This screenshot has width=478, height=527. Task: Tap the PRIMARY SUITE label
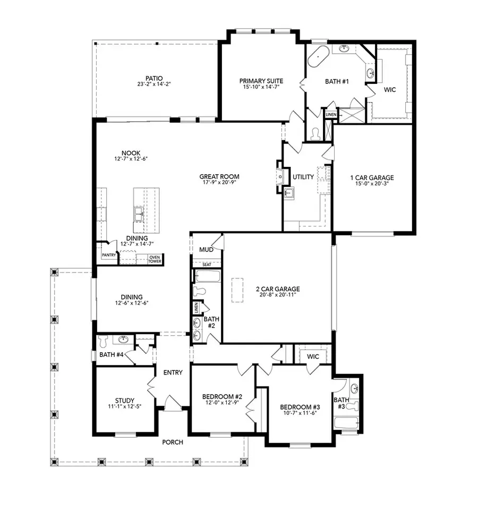pos(261,81)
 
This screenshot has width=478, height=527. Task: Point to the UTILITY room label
pos(303,177)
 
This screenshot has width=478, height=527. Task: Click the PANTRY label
pos(109,255)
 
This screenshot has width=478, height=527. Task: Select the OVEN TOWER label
pos(155,259)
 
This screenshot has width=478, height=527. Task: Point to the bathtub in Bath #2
pos(207,276)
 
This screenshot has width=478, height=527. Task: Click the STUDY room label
pos(125,401)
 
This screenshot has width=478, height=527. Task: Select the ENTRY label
pos(173,372)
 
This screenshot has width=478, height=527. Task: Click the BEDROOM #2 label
pos(222,396)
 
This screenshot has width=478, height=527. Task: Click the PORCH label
pos(173,442)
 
